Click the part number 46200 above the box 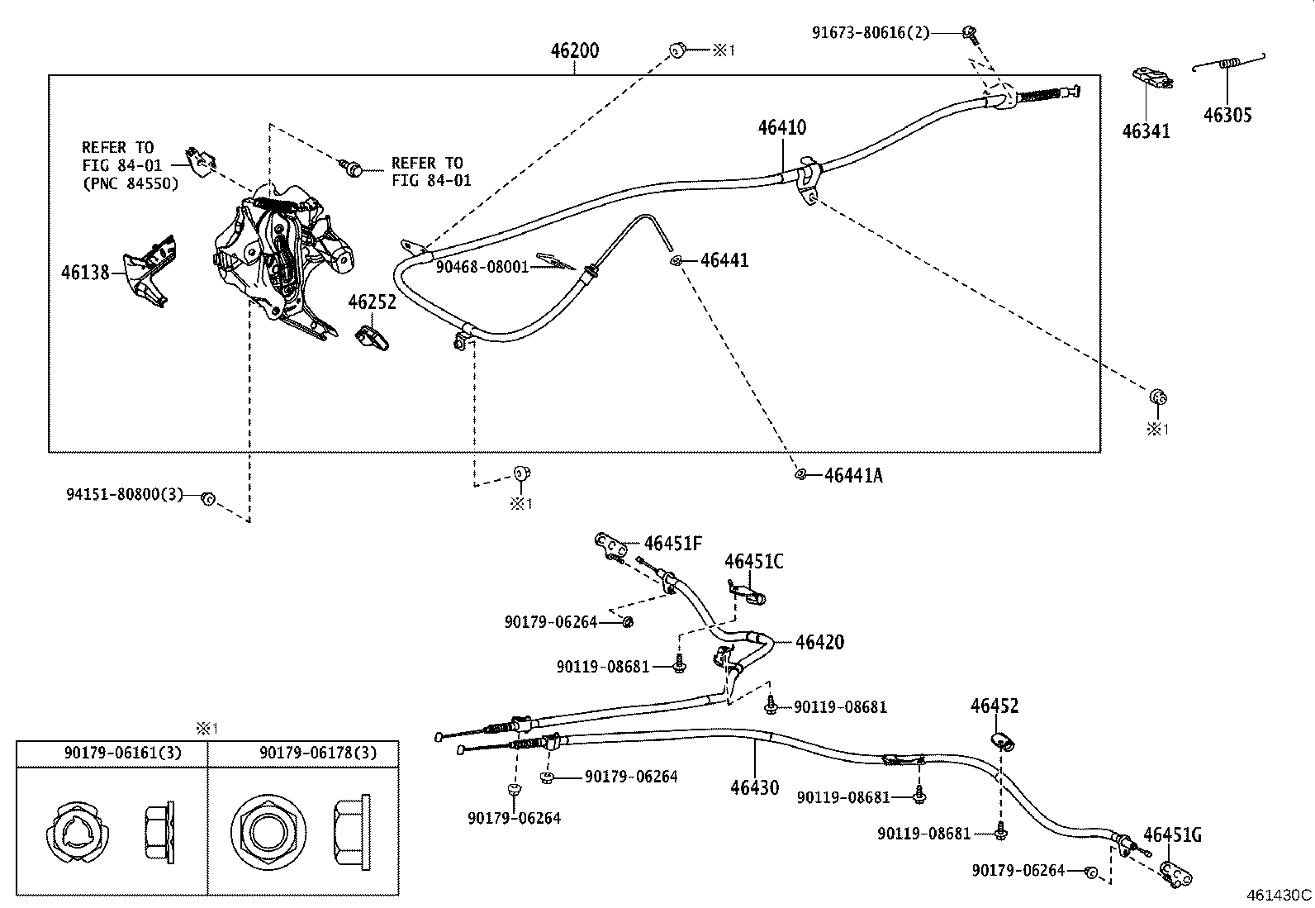click(x=575, y=50)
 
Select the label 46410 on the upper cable click(x=782, y=127)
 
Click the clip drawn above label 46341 click(x=1151, y=77)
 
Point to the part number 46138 click(x=85, y=272)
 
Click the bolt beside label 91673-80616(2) click(x=971, y=34)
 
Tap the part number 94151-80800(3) click(x=124, y=494)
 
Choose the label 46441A click(x=853, y=475)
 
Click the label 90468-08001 click(x=482, y=267)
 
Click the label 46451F click(x=673, y=544)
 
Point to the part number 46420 click(x=819, y=642)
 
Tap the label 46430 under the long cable click(x=754, y=787)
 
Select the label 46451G click(x=1172, y=835)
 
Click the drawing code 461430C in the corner click(x=1279, y=895)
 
